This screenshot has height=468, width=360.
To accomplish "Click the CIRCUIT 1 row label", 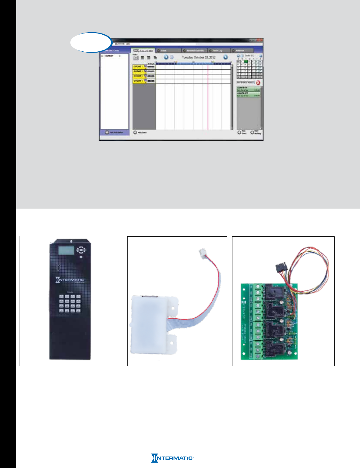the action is [138, 67].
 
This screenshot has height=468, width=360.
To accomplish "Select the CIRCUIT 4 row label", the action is [138, 81].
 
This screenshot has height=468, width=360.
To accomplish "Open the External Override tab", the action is [195, 51].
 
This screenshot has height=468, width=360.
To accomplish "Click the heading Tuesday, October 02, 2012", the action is [199, 57].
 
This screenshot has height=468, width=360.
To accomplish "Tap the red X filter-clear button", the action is [258, 83].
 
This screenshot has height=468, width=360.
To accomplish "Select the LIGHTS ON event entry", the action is [248, 89].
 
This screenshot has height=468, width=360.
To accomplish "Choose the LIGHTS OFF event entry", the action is [248, 94].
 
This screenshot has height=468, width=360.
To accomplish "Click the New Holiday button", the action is [256, 132].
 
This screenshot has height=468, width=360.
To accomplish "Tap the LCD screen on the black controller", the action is [66, 250].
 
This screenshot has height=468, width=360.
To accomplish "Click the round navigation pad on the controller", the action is [81, 250].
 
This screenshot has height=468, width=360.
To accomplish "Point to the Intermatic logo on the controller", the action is [70, 280].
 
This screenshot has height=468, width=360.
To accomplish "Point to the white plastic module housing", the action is [151, 323].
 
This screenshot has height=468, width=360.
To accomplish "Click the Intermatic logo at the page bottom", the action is [172, 458].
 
